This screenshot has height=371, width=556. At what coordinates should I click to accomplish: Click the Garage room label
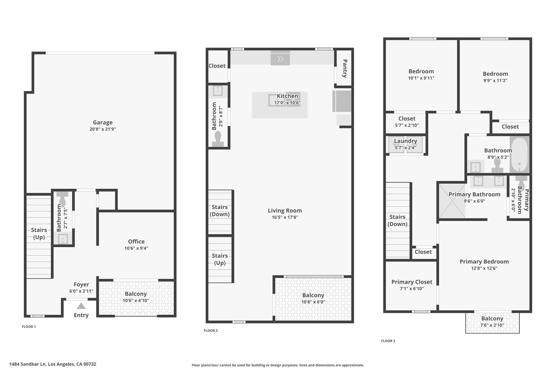pyautogui.click(x=103, y=123)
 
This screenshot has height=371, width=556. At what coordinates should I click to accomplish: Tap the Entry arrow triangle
pyautogui.click(x=81, y=306)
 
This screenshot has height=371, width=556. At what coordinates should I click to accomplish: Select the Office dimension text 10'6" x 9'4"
pyautogui.click(x=136, y=248)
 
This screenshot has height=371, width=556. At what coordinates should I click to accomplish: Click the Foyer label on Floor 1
pyautogui.click(x=81, y=284)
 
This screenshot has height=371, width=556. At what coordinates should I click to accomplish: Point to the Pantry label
pyautogui.click(x=345, y=68)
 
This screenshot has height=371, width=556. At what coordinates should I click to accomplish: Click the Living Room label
pyautogui.click(x=285, y=210)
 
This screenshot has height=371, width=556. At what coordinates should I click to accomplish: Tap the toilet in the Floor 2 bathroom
pyautogui.click(x=218, y=139)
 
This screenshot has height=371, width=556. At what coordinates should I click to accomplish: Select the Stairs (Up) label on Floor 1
pyautogui.click(x=39, y=233)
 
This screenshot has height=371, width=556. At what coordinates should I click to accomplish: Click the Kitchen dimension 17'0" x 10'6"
pyautogui.click(x=287, y=103)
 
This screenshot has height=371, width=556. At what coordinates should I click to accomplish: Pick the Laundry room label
pyautogui.click(x=405, y=141)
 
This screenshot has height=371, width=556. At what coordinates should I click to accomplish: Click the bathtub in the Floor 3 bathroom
pyautogui.click(x=519, y=154)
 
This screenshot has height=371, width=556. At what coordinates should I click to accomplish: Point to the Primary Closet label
pyautogui.click(x=412, y=282)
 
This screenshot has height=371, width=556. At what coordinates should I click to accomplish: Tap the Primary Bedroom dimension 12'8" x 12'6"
pyautogui.click(x=484, y=268)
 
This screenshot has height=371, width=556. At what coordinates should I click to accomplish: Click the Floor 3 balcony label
pyautogui.click(x=492, y=318)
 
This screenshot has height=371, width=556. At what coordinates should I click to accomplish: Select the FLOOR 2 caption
pyautogui.click(x=211, y=331)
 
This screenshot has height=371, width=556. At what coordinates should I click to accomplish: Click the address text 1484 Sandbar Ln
pyautogui.click(x=28, y=364)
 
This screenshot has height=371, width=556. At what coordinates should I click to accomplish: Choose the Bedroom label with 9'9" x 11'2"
pyautogui.click(x=495, y=74)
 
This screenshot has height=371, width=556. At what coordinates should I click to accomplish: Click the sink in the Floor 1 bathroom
pyautogui.click(x=63, y=239)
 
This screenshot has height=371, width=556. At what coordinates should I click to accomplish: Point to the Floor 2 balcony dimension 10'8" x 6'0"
pyautogui.click(x=313, y=302)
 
